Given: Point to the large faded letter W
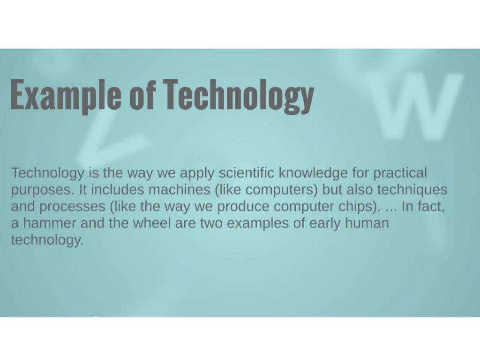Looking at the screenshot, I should pyautogui.click(x=418, y=107).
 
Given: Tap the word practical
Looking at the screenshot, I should pyautogui.click(x=400, y=173).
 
